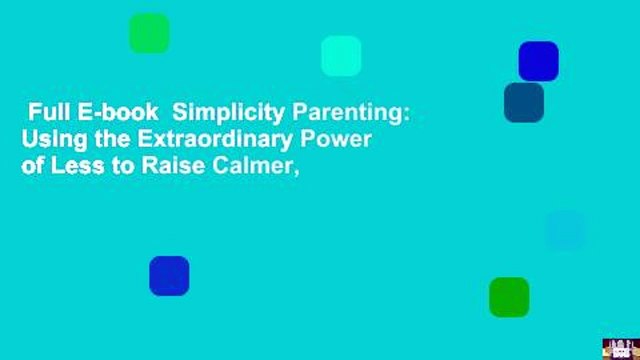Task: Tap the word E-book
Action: pos(118,112)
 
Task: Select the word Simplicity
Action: pos(228,113)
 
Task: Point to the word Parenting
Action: pos(351,113)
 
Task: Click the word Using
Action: pos(54,140)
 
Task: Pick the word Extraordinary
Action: pos(216,140)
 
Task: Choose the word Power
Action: pos(336,139)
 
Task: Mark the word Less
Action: pos(77,166)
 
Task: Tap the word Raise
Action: pos(173,166)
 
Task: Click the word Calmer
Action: pos(256,167)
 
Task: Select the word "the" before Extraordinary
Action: pos(112,139)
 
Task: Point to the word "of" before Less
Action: pos(33,166)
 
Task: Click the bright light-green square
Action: pos(149,33)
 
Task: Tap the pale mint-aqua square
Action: pos(341,56)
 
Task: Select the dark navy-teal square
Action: pos(524,102)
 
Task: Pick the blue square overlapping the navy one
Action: pos(538,61)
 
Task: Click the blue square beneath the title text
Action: pos(169,276)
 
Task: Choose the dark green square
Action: pos(509,297)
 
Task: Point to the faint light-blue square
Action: pos(565,230)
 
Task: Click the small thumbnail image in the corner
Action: pos(621,349)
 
